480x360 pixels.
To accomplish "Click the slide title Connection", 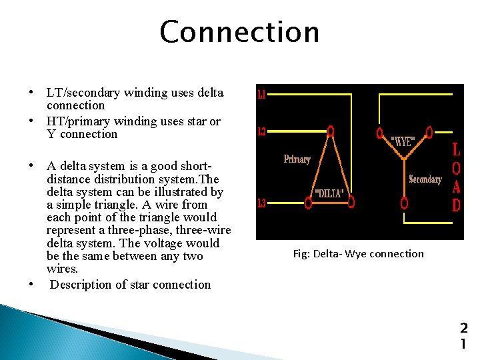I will pyautogui.click(x=239, y=31).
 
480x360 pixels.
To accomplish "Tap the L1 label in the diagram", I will pyautogui.click(x=261, y=95).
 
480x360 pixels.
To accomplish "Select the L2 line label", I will pyautogui.click(x=261, y=132).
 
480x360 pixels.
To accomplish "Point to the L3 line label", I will pyautogui.click(x=261, y=203).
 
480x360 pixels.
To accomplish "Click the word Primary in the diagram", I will pyautogui.click(x=297, y=159).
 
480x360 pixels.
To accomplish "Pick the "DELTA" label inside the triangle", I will pyautogui.click(x=329, y=193).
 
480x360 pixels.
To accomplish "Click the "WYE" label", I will pyautogui.click(x=403, y=141).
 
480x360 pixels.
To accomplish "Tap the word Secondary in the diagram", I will pyautogui.click(x=425, y=179).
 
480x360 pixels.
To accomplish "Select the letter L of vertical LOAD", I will pyautogui.click(x=456, y=149).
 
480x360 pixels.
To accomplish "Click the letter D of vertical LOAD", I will pyautogui.click(x=456, y=205).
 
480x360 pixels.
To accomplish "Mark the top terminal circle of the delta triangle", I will pyautogui.click(x=329, y=131).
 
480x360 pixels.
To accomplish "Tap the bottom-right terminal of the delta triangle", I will pyautogui.click(x=351, y=201).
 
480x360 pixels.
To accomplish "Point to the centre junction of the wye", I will pyautogui.click(x=404, y=159).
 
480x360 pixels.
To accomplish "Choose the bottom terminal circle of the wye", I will pyautogui.click(x=404, y=201).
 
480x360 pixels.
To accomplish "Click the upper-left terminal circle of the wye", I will pyautogui.click(x=379, y=132).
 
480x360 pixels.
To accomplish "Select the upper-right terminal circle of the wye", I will pyautogui.click(x=429, y=132).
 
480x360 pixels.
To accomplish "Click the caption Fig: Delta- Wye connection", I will pyautogui.click(x=358, y=253).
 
